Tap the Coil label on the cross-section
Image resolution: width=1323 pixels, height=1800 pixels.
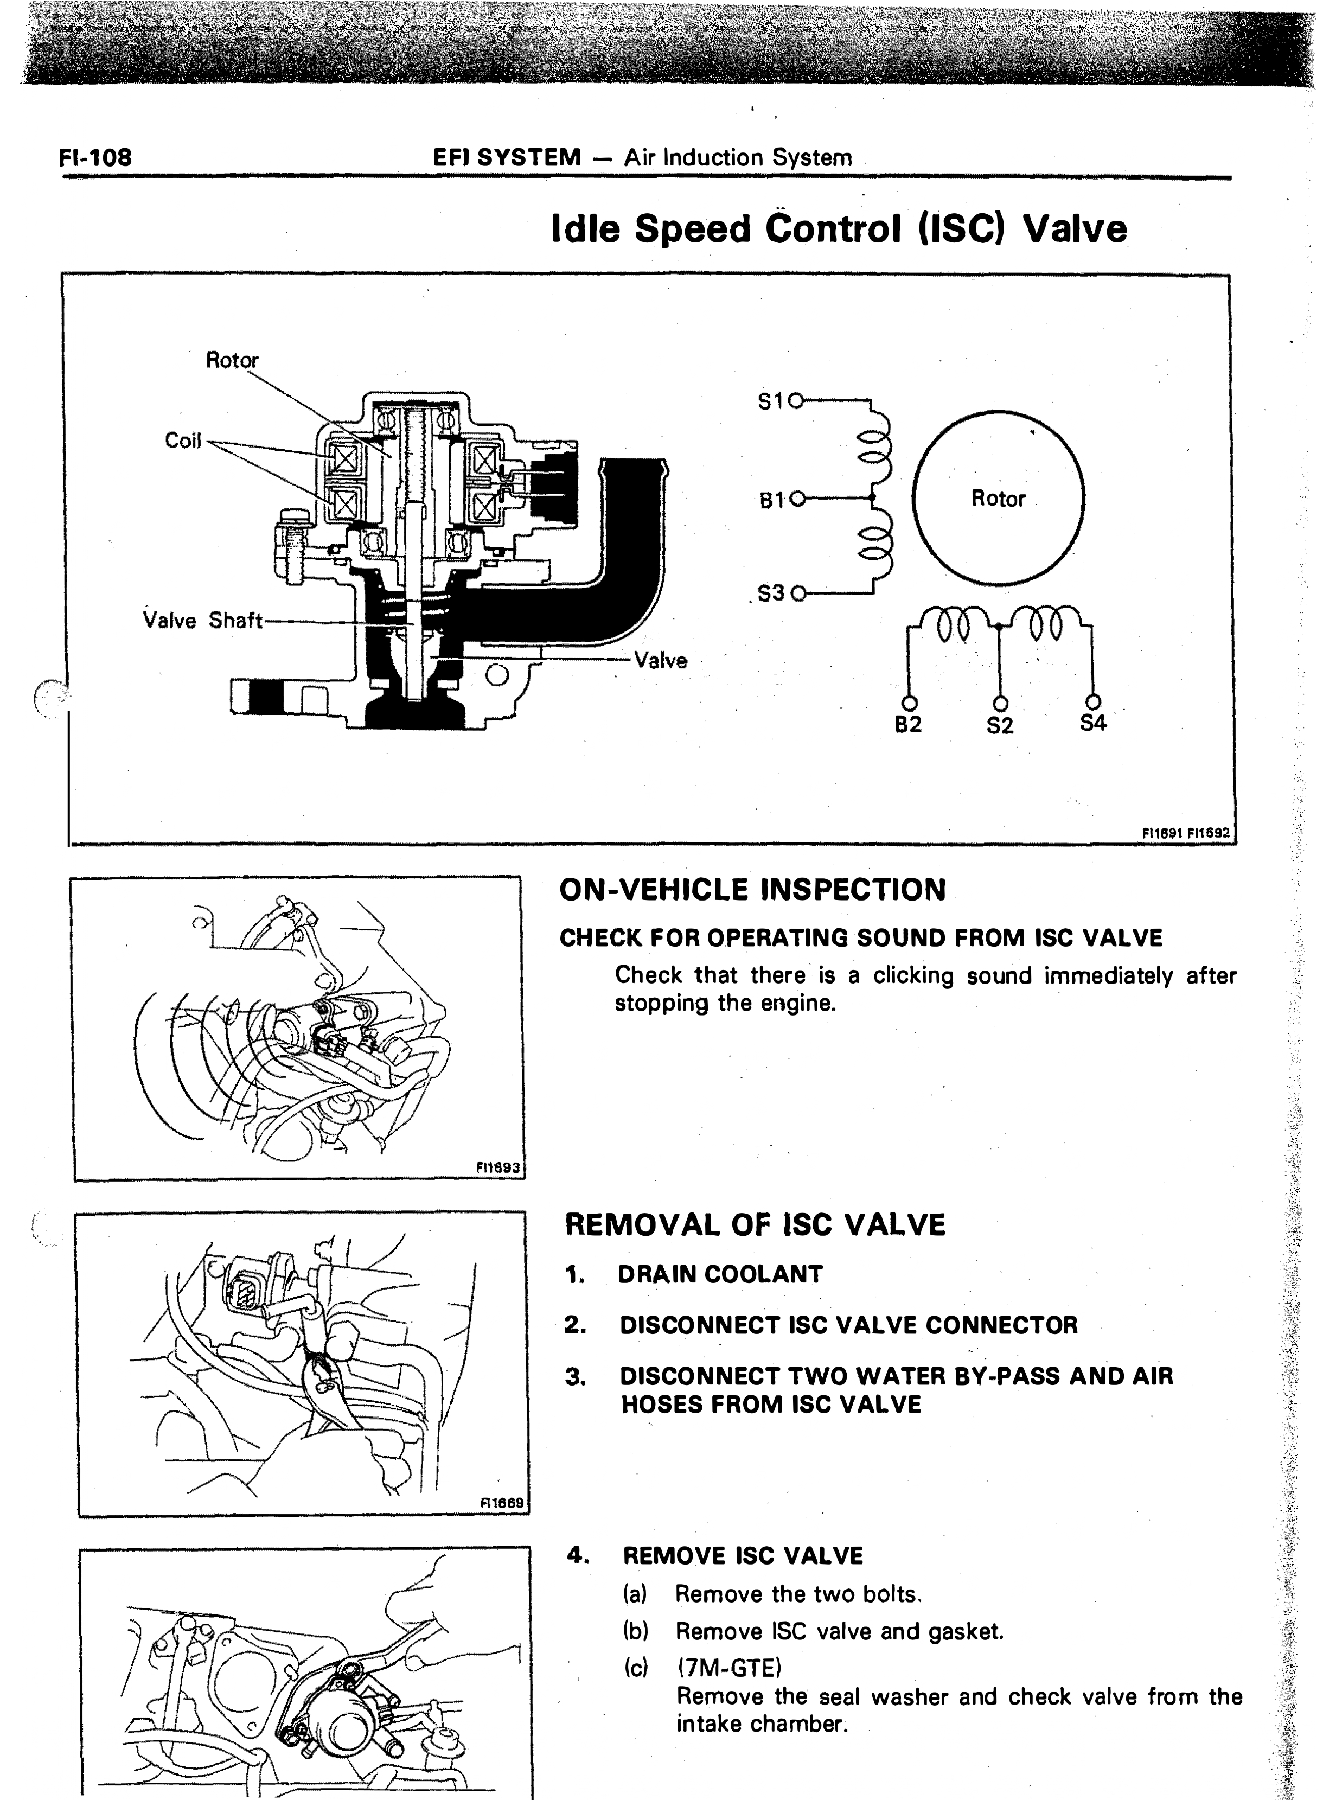(x=183, y=441)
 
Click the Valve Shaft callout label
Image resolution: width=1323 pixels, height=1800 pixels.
(x=203, y=621)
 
